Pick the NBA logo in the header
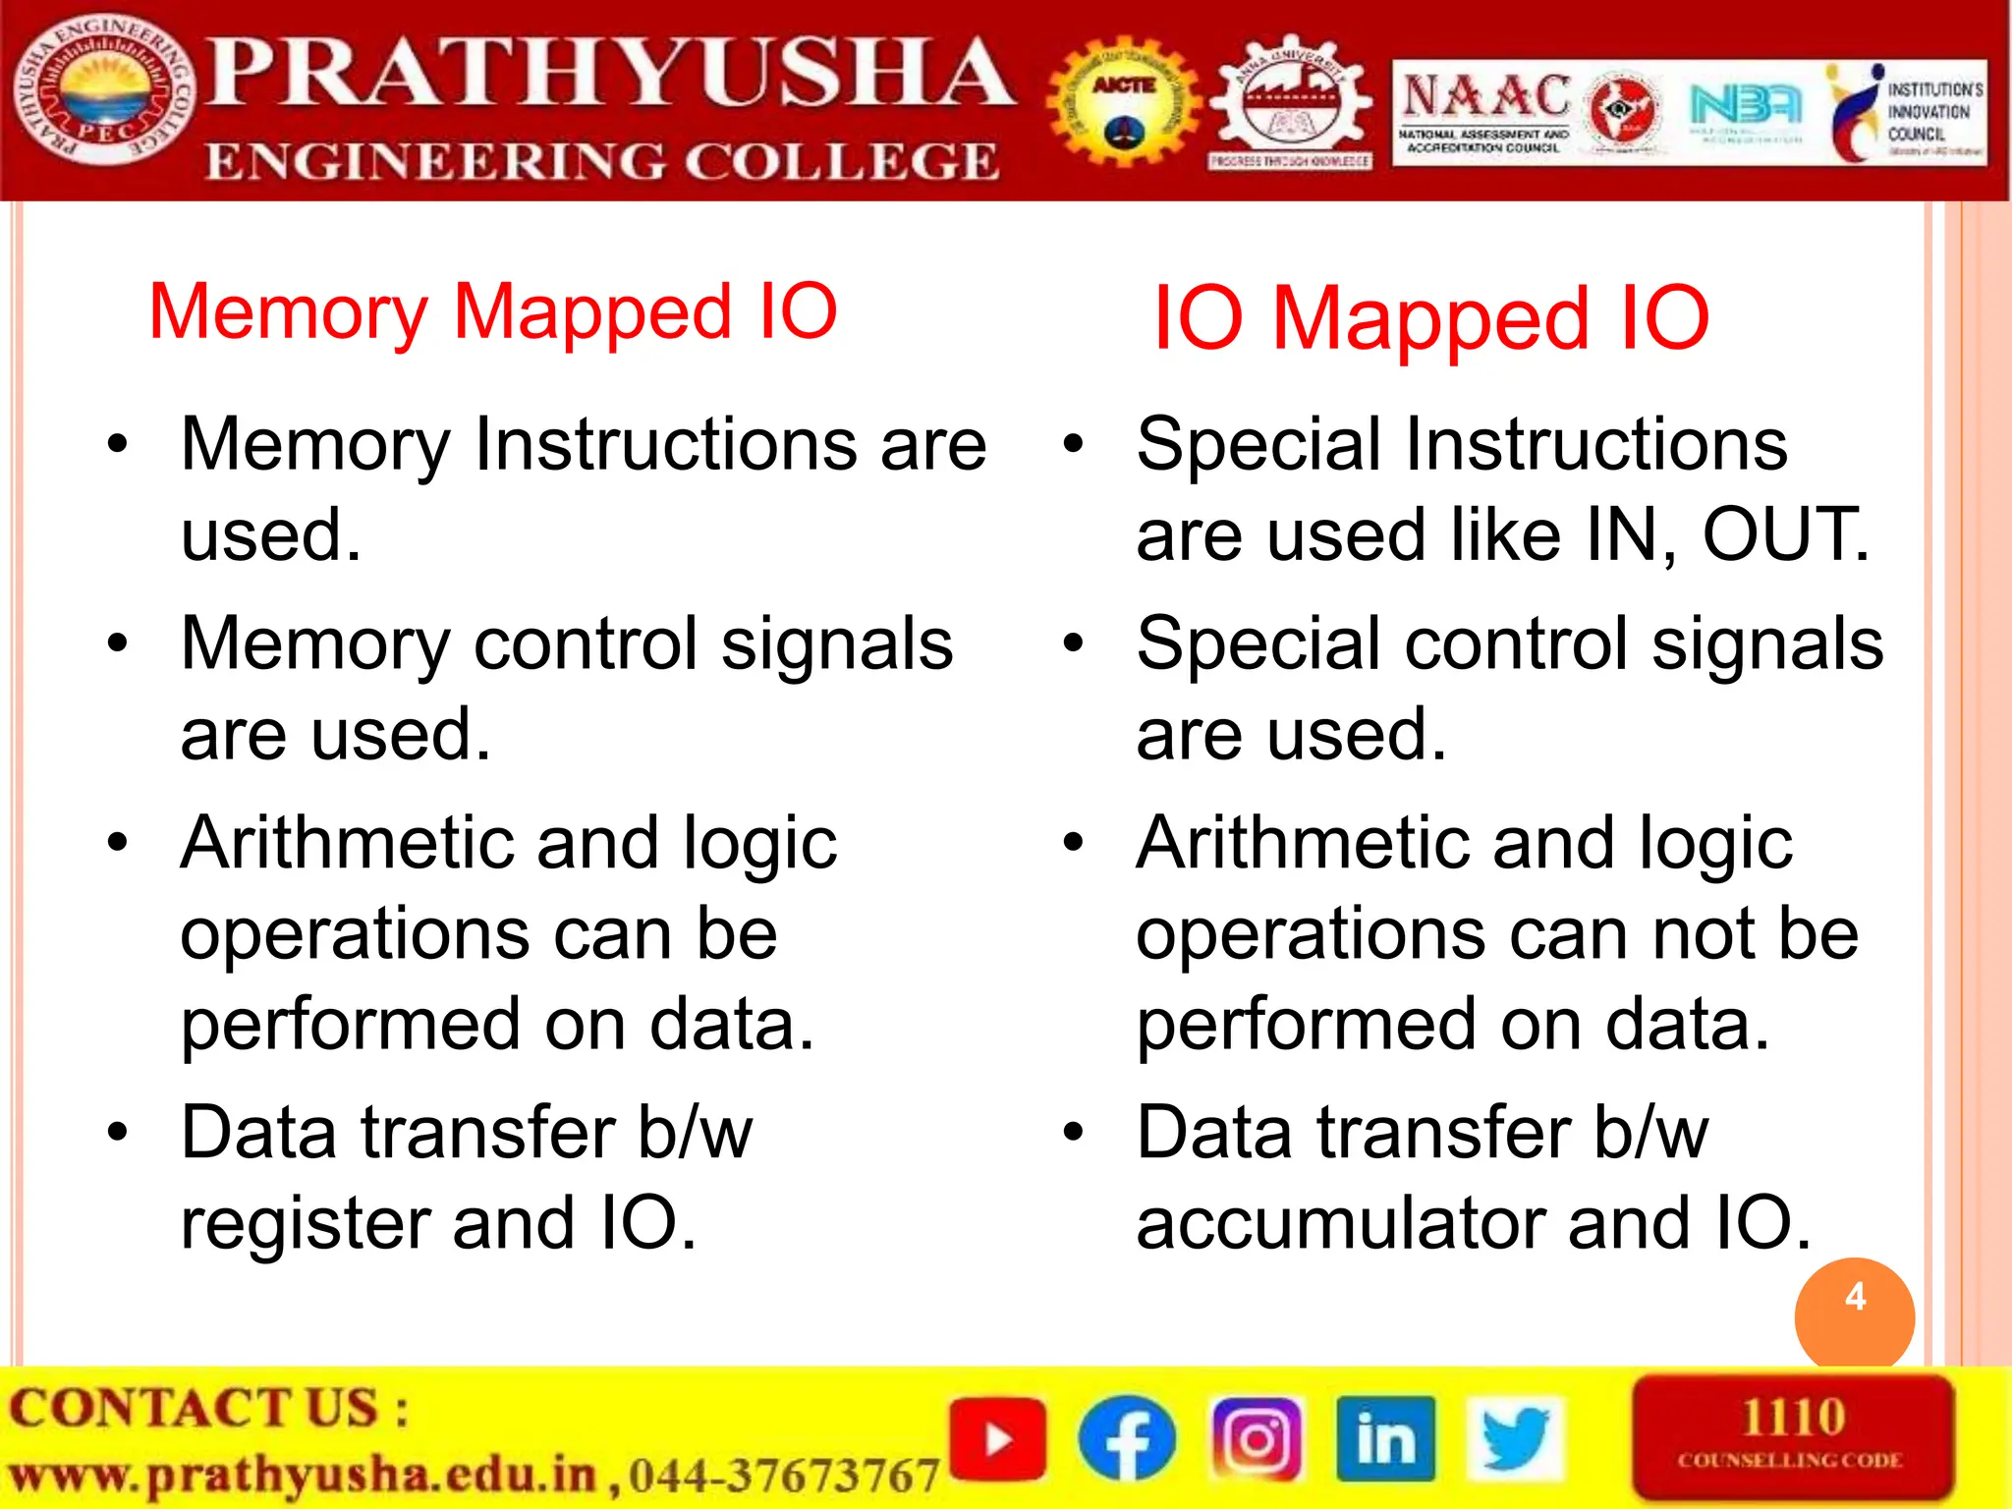[1745, 104]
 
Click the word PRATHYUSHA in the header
[609, 73]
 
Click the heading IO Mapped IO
[1430, 318]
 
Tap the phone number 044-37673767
[784, 1476]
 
